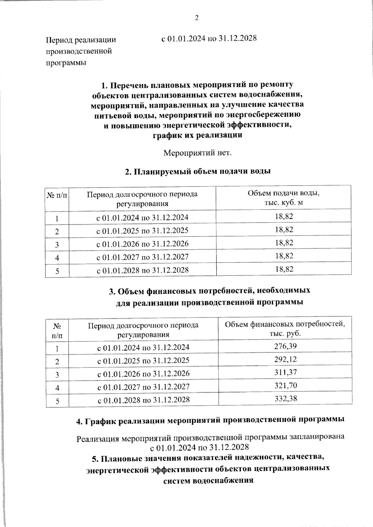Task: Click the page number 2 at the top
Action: pyautogui.click(x=196, y=18)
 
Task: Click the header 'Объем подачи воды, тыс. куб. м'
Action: pyautogui.click(x=284, y=198)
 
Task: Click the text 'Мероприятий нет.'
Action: pyautogui.click(x=198, y=153)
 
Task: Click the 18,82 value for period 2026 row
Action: pyautogui.click(x=284, y=243)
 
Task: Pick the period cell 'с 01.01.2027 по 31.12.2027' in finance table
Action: pyautogui.click(x=143, y=387)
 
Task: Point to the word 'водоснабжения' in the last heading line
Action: pyautogui.click(x=224, y=480)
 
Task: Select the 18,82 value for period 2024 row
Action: pyautogui.click(x=284, y=216)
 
